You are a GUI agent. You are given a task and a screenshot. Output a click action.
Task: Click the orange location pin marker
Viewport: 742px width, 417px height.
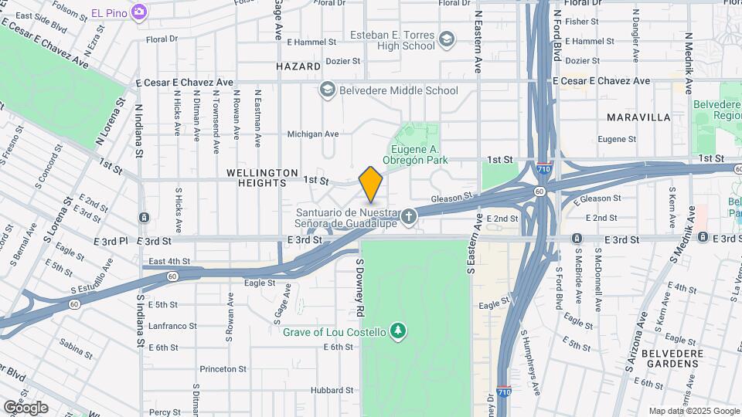point(371,184)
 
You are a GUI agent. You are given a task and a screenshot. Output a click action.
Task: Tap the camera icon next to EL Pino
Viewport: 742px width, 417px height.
point(139,12)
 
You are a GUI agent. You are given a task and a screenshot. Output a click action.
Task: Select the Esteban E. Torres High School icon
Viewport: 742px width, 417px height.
point(447,39)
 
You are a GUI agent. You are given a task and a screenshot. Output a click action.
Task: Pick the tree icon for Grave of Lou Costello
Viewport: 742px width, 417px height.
point(398,331)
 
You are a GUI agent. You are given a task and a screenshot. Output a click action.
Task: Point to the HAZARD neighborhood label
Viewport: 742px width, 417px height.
point(298,67)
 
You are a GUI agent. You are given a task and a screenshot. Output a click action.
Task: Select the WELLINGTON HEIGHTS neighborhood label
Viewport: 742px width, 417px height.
point(262,177)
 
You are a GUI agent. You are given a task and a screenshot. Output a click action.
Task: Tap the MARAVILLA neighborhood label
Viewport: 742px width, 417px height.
point(638,117)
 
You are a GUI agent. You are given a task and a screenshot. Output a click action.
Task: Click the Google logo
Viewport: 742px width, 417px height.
point(26,407)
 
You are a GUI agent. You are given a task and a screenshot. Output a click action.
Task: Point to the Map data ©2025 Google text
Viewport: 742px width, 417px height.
point(694,411)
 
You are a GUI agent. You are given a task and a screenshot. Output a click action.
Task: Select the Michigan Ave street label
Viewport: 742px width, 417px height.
point(313,134)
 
